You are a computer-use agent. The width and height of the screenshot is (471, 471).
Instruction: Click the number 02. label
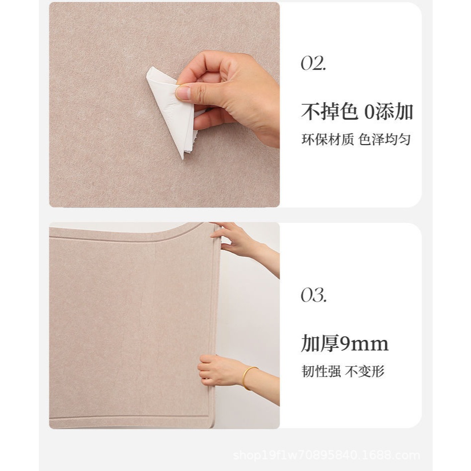point(314,63)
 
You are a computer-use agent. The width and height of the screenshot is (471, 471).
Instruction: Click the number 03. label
point(314,295)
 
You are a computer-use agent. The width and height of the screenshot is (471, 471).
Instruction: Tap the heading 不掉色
point(329,112)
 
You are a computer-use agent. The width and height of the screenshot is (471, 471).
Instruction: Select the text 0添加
point(389,112)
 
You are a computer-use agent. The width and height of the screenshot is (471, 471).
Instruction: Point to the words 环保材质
point(327,140)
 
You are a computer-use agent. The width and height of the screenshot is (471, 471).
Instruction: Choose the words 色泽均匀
point(384,140)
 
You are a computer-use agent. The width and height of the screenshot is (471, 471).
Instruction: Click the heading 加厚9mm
point(345,343)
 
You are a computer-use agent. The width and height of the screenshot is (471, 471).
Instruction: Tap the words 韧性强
point(321,371)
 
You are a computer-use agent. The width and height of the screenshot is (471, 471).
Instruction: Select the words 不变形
point(365,371)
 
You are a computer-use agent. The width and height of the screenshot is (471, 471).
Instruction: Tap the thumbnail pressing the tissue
point(183,93)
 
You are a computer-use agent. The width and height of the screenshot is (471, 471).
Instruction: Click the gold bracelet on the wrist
point(249,378)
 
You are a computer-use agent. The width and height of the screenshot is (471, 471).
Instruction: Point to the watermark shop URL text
point(326,456)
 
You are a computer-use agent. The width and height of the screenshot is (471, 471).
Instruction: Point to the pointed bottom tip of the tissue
point(182,159)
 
